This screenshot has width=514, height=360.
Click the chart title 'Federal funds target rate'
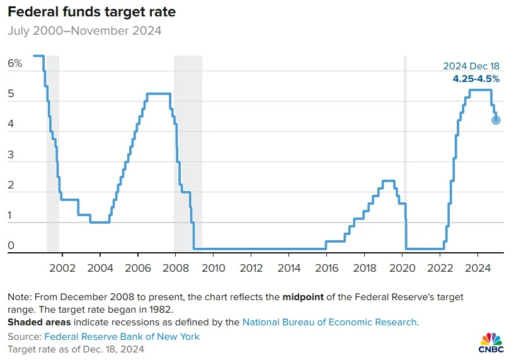(92, 12)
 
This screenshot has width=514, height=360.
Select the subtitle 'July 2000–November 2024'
(84, 31)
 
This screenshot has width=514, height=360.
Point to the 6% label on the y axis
(14, 63)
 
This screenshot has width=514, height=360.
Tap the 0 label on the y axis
(11, 245)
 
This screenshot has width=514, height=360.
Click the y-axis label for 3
(11, 154)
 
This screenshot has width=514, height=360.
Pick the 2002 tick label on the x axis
(62, 268)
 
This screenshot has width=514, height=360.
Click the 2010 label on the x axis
(214, 268)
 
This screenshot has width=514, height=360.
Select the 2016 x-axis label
(326, 268)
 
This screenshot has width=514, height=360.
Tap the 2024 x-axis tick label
(477, 268)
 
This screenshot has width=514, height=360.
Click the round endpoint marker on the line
(496, 120)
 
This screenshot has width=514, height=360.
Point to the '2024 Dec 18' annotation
(471, 66)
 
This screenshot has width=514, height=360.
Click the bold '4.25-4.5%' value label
(476, 79)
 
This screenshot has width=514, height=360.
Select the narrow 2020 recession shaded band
(405, 154)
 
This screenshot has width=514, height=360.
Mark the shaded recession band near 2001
(53, 154)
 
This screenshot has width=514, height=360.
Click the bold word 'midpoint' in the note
(303, 297)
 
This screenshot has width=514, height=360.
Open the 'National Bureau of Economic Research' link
(329, 322)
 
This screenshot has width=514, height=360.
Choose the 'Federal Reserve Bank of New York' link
(122, 337)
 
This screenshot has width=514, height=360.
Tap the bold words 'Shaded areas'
(39, 322)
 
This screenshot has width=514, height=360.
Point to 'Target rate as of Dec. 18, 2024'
(76, 349)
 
